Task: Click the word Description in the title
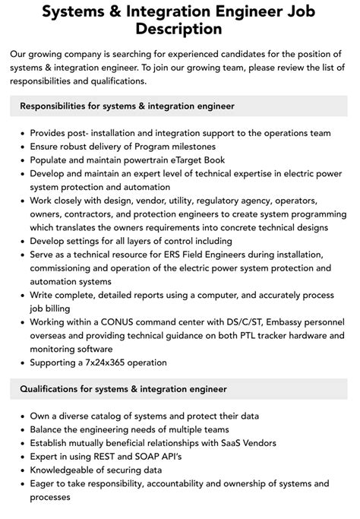click(179, 30)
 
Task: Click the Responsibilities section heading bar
click(179, 106)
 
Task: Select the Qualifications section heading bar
click(179, 389)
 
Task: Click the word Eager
click(43, 483)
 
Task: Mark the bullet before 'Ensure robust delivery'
click(21, 147)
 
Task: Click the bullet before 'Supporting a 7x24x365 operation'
click(21, 362)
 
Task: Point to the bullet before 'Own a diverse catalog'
click(21, 416)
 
